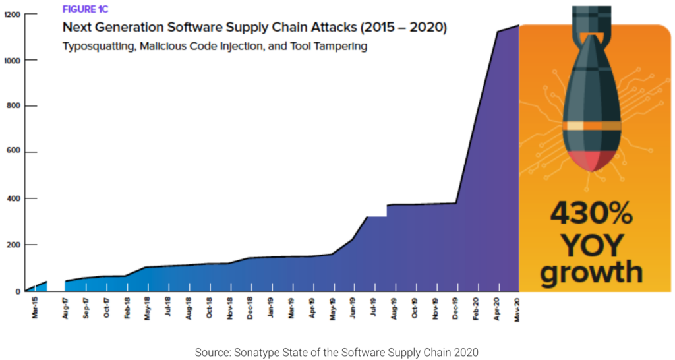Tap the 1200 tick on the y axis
click(11, 14)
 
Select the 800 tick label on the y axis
click(13, 106)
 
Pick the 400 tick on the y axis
click(13, 198)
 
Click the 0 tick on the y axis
click(18, 291)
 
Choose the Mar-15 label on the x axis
click(34, 308)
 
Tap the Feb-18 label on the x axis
click(127, 308)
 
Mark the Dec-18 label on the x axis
click(250, 308)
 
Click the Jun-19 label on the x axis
click(353, 308)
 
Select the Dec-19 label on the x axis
click(455, 308)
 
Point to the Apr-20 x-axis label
click(496, 308)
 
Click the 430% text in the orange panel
click(591, 214)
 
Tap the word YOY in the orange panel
click(591, 245)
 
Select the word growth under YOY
click(591, 272)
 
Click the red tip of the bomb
click(591, 160)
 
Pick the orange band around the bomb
click(591, 126)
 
